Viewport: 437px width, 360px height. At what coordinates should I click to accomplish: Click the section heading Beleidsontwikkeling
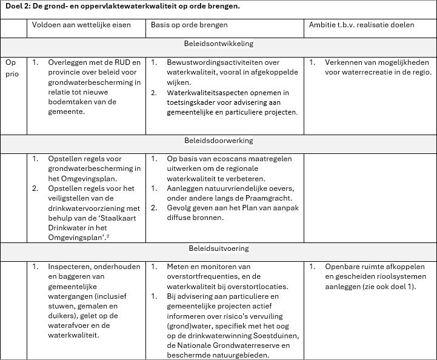tap(219, 44)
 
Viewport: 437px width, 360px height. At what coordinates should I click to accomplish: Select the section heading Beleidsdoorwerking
tap(219, 141)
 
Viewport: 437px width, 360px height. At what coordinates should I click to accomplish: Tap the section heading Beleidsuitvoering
tap(219, 248)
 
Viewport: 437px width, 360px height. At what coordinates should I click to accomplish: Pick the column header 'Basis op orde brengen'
tap(189, 25)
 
